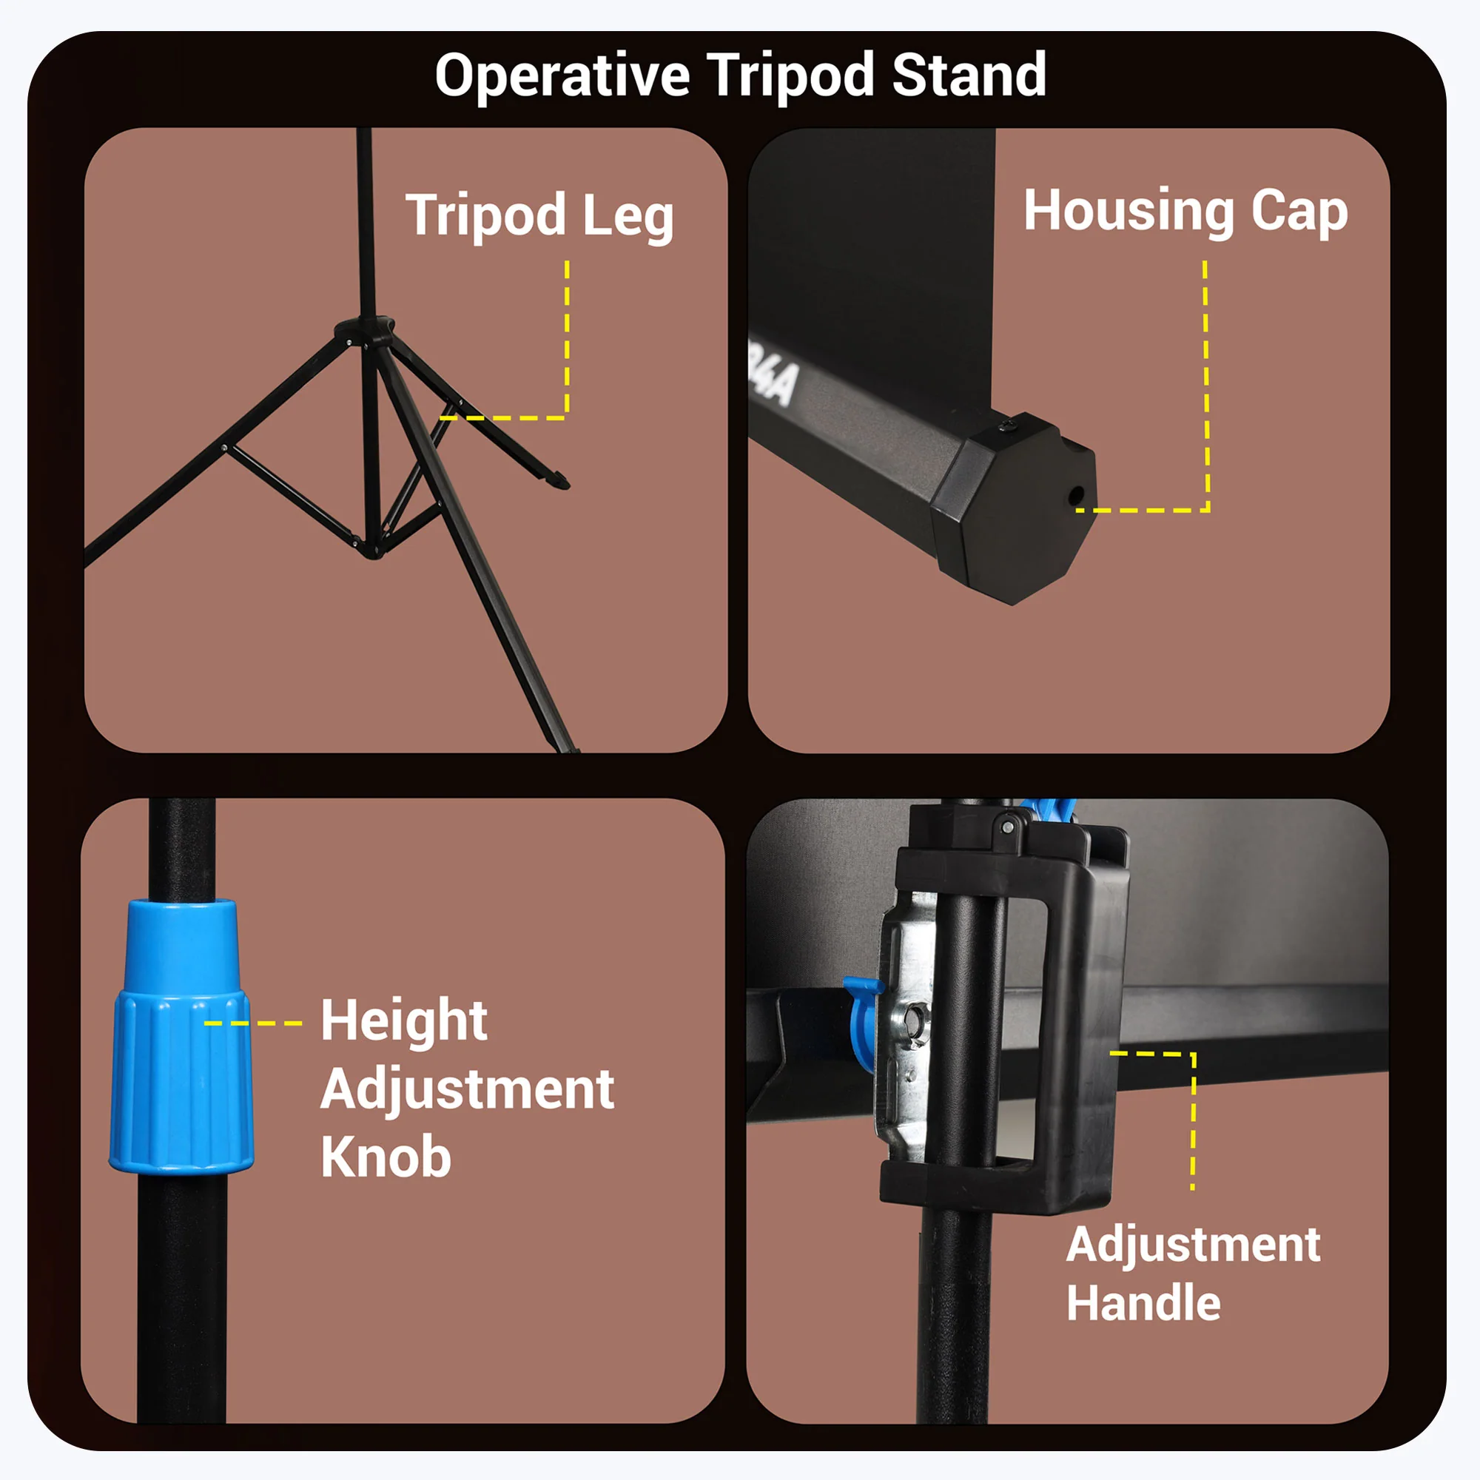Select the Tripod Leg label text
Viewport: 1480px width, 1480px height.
539,217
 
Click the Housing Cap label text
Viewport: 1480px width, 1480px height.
1185,212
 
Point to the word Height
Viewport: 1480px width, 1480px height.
404,1021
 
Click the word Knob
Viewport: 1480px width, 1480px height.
386,1157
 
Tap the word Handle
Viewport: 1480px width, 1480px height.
1143,1303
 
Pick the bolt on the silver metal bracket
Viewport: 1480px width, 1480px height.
914,1020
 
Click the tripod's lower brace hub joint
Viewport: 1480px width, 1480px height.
371,547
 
